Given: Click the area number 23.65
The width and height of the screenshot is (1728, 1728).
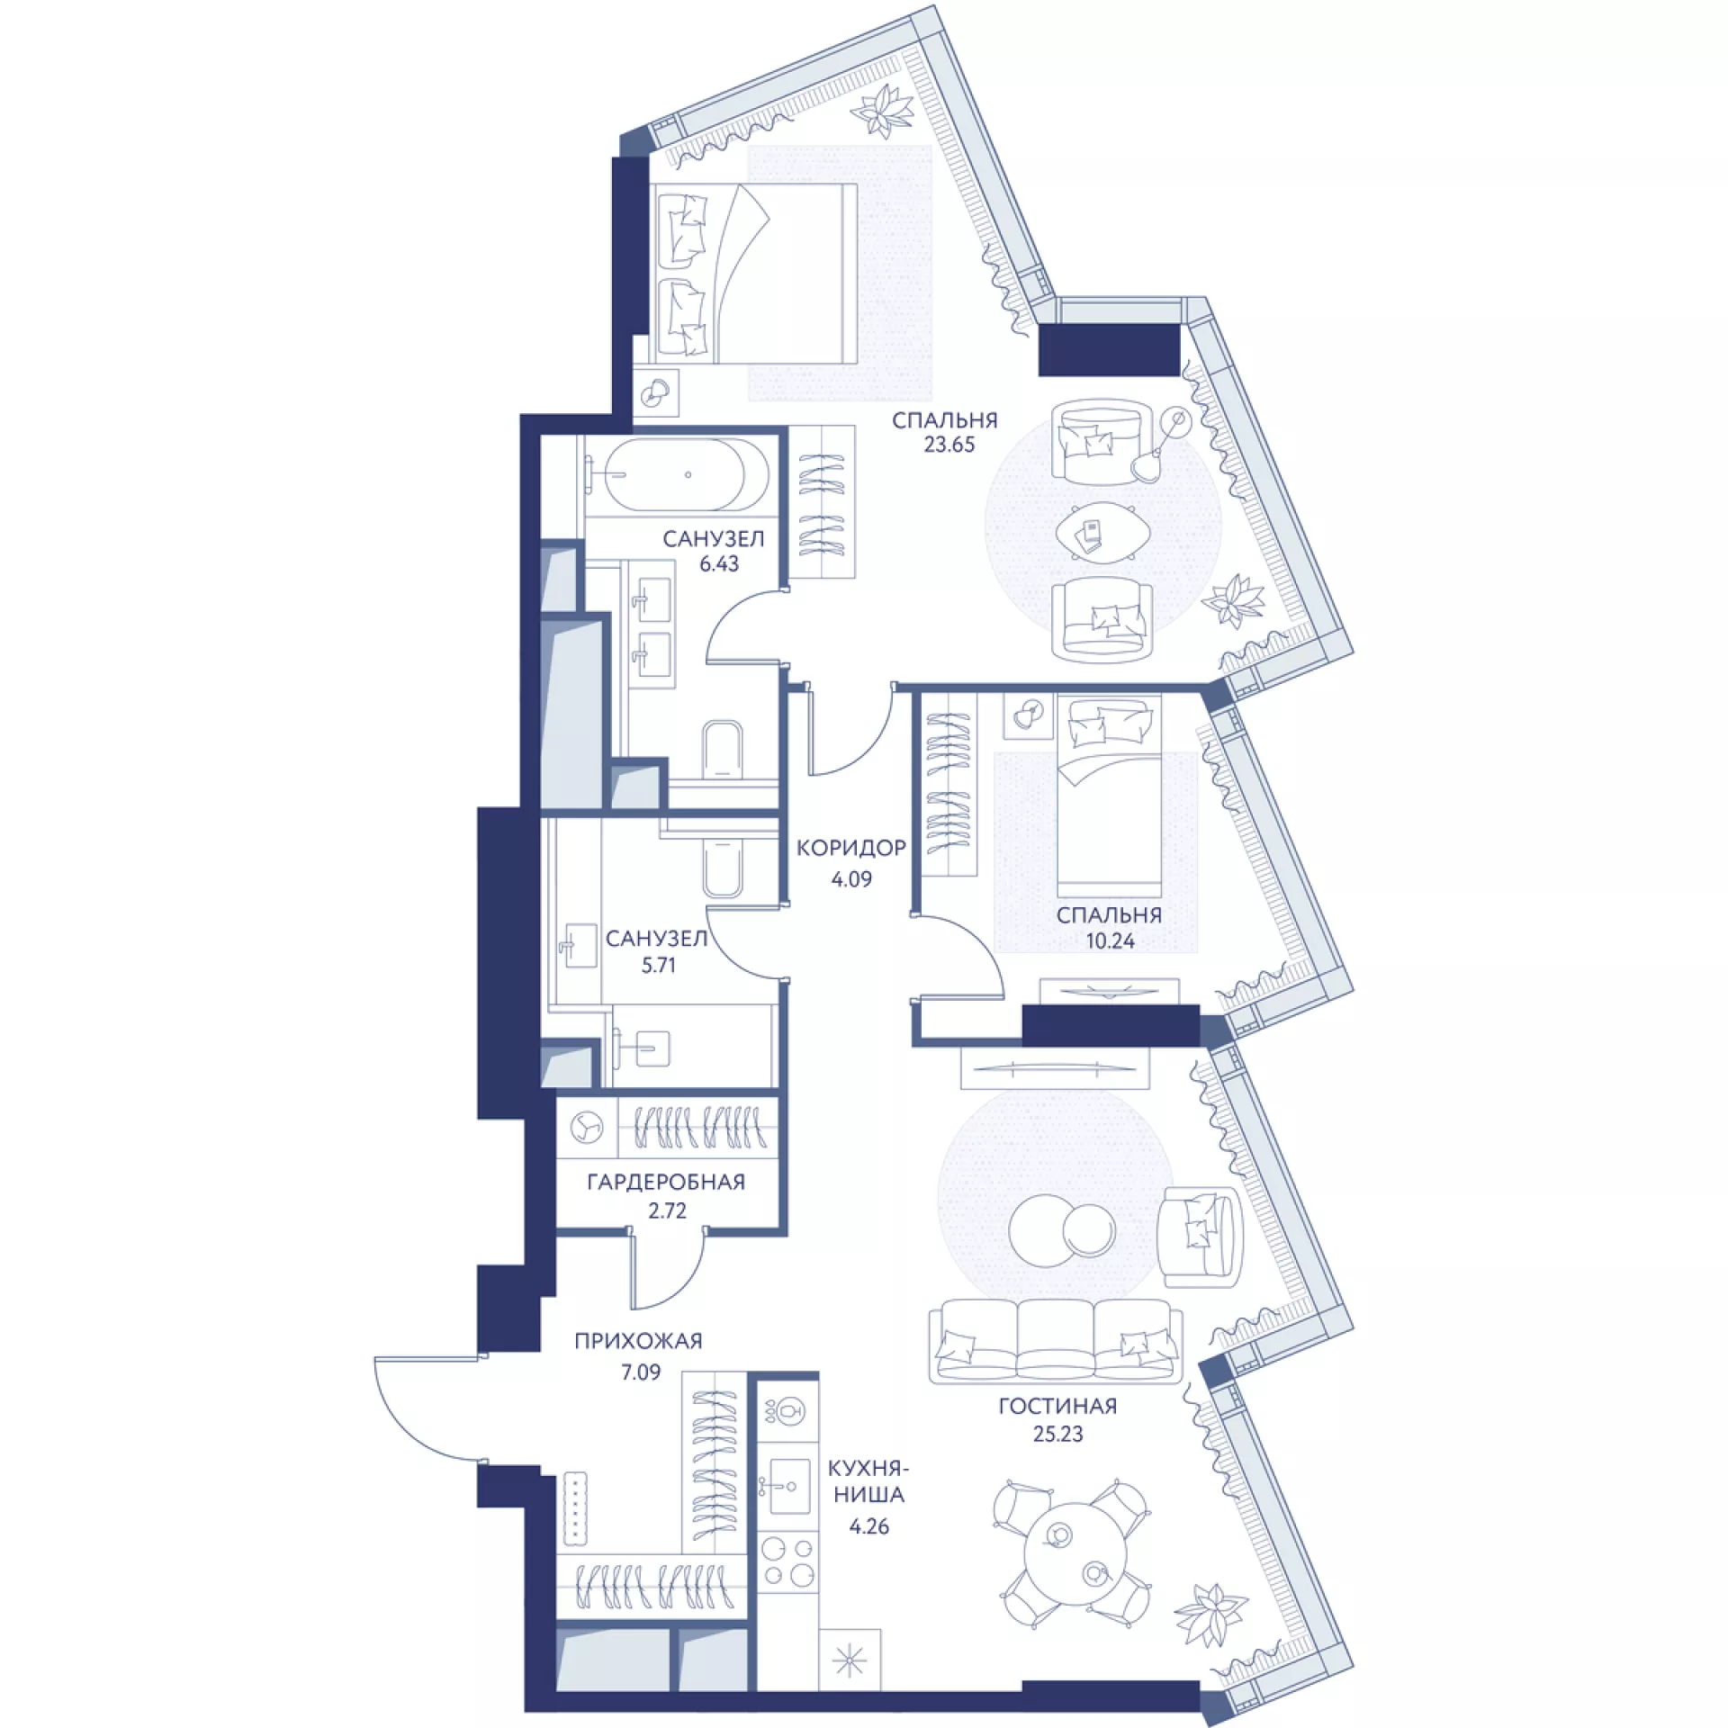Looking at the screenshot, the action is tap(949, 445).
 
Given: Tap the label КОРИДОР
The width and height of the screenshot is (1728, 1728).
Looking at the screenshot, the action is tap(851, 848).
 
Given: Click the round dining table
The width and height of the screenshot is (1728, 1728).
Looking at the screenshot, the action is tap(1075, 1549).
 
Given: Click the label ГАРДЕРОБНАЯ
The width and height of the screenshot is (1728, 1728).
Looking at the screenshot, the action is tap(666, 1183).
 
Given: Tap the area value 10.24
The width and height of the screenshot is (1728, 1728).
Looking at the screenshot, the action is tap(1110, 941).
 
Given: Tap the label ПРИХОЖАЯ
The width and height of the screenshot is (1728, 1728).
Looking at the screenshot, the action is tap(638, 1341).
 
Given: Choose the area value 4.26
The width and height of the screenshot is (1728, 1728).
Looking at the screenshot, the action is tap(869, 1526).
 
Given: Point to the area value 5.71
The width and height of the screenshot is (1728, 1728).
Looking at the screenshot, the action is tap(658, 966).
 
